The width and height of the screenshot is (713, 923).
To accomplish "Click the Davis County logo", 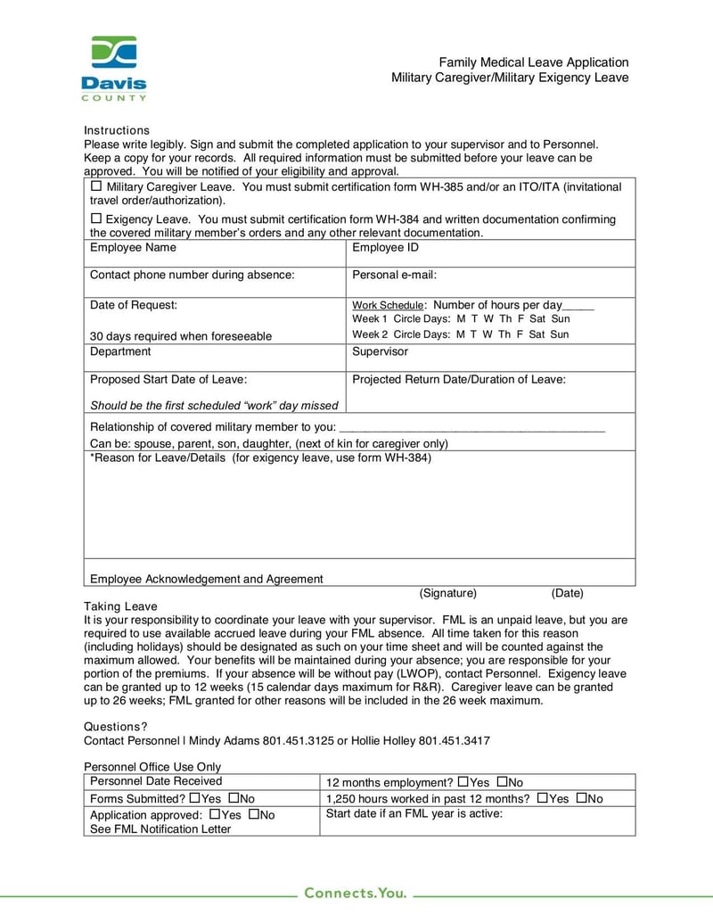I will (113, 68).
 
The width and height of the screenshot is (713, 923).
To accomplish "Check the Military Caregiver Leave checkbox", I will (96, 187).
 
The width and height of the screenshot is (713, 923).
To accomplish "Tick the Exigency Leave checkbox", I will (96, 218).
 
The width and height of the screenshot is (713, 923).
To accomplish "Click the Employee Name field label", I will (133, 248).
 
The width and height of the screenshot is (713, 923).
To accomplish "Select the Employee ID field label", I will (385, 248).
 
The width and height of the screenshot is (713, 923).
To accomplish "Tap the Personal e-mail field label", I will (394, 276).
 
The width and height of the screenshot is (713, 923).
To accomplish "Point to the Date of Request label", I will (134, 305).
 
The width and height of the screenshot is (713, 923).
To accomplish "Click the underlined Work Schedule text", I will (388, 305).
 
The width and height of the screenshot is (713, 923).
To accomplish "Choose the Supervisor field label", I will (380, 351).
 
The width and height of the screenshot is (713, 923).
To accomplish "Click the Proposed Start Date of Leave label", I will (168, 380).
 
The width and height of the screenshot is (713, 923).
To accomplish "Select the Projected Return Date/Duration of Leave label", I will (459, 380).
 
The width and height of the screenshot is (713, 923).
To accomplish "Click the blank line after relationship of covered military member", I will (472, 427).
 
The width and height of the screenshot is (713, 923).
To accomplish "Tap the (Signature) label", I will (448, 593).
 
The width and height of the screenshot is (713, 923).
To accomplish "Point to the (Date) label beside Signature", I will (567, 593).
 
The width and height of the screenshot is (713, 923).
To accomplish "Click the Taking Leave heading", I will (120, 606).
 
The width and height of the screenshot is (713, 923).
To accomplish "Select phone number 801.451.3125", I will (299, 740).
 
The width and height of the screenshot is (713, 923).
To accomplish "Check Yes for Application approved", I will (214, 814).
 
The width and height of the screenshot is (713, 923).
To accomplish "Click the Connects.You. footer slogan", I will (356, 893).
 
